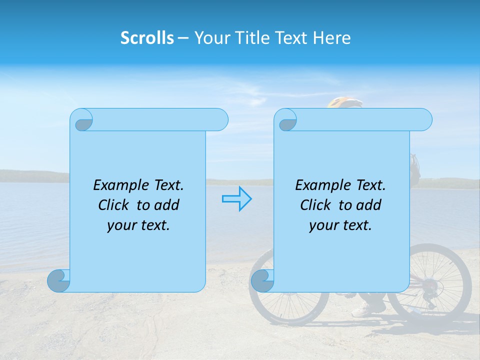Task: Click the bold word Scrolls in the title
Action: [x=147, y=38]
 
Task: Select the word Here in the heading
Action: [x=332, y=38]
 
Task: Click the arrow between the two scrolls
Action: [x=236, y=198]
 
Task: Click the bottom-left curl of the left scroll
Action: [x=59, y=281]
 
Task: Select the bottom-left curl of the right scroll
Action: [x=262, y=281]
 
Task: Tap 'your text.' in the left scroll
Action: [x=138, y=225]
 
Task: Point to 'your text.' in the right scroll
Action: [x=340, y=225]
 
